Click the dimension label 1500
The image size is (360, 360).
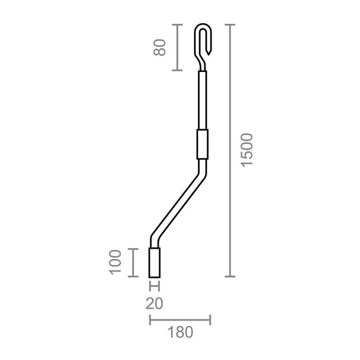pyautogui.click(x=247, y=150)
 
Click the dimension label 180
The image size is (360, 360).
pyautogui.click(x=179, y=332)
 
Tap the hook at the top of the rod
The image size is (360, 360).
pyautogui.click(x=204, y=39)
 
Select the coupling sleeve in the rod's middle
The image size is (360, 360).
pyautogui.click(x=202, y=145)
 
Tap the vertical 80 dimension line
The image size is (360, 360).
pyautogui.click(x=177, y=47)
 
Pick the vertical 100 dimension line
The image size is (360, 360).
pyautogui.click(x=133, y=262)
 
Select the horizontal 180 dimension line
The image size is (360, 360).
pyautogui.click(x=179, y=320)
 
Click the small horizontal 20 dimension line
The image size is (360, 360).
pyautogui.click(x=155, y=286)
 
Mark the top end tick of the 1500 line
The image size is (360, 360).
pyautogui.click(x=229, y=25)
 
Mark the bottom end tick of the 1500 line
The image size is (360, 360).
pyautogui.click(x=229, y=276)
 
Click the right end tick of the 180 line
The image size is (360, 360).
pyautogui.click(x=210, y=320)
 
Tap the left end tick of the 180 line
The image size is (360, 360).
pyautogui.click(x=150, y=320)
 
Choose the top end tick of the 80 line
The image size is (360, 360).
pyautogui.click(x=177, y=25)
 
